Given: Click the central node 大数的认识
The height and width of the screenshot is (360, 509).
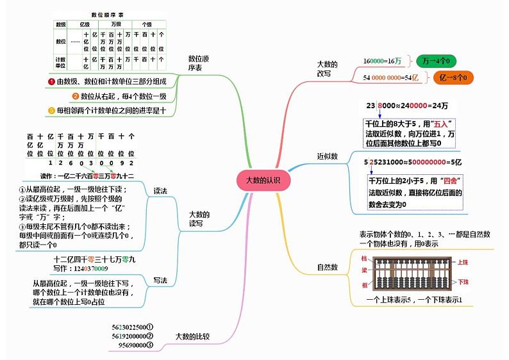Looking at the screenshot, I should point(263,180).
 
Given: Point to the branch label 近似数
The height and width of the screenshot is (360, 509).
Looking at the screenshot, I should point(327,156).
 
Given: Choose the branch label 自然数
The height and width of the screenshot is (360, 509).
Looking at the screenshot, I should point(327,267).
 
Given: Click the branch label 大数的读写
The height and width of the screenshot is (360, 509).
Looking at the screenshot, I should point(199,219).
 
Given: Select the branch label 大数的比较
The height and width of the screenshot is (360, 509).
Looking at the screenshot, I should point(192,336).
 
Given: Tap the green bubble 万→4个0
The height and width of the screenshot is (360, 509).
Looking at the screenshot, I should point(435,61).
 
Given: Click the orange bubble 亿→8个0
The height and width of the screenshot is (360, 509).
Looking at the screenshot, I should point(453,78).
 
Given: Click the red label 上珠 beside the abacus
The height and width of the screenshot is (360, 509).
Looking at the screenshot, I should point(463,262).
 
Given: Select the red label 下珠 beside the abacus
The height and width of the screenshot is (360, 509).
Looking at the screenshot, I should point(463,282).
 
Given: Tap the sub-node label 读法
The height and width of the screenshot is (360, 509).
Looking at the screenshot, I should point(160,191).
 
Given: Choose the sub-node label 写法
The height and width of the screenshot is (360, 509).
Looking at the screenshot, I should point(160,280).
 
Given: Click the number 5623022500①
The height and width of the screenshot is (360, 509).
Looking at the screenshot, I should point(132,327).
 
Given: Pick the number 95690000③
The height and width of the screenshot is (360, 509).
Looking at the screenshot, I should point(136,345).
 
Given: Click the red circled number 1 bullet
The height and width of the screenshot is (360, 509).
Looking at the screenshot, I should point(51,81).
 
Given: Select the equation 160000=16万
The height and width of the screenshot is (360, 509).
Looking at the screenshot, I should point(383,61).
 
